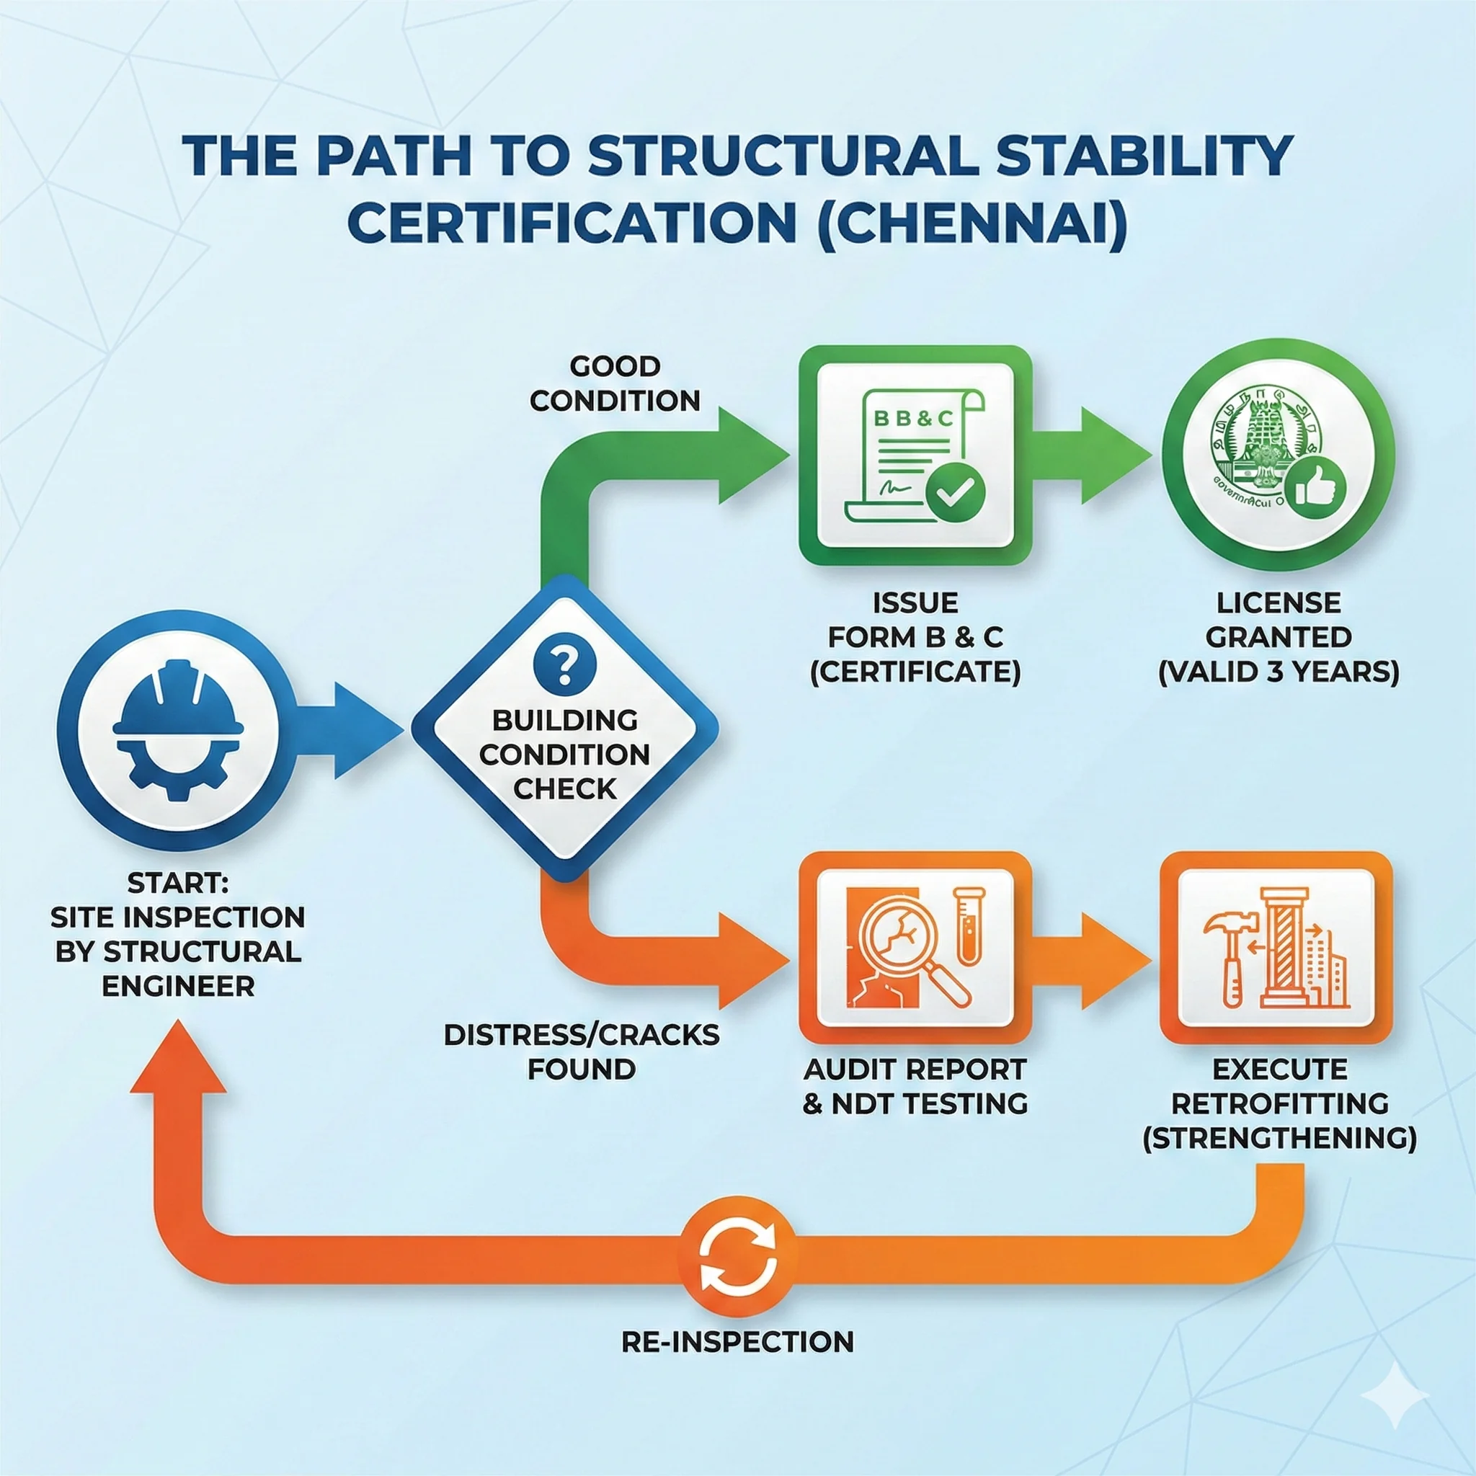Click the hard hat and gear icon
pos(178,729)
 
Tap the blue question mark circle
pos(564,663)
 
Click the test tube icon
pos(968,925)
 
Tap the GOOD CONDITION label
pos(614,383)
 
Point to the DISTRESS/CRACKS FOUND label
pos(582,1052)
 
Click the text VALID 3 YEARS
pos(1278,672)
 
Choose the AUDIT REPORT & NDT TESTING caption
pos(915,1085)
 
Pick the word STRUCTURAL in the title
pos(781,155)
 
